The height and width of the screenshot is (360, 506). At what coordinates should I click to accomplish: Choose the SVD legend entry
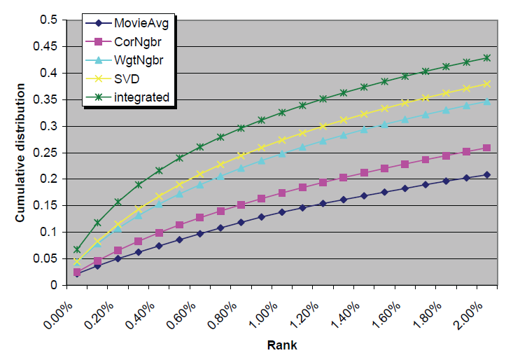click(x=126, y=78)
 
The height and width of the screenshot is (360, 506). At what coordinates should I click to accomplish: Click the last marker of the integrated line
click(x=486, y=57)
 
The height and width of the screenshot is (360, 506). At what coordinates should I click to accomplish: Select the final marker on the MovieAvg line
click(x=486, y=174)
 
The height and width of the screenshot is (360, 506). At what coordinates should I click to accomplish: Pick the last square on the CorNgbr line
click(x=486, y=148)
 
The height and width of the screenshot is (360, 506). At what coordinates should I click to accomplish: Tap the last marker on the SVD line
click(x=486, y=83)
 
